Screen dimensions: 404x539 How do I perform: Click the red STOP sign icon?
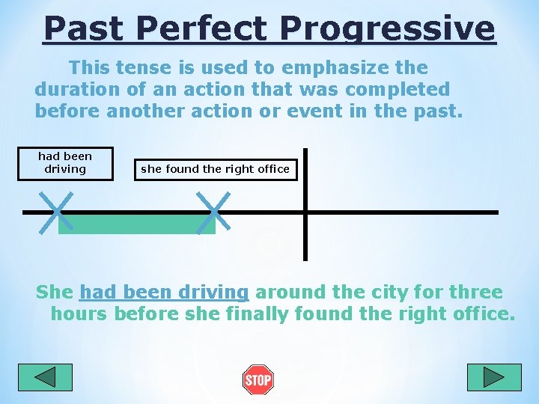[x=258, y=380]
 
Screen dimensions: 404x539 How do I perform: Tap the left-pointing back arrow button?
[x=45, y=377]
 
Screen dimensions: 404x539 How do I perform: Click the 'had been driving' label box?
[x=65, y=163]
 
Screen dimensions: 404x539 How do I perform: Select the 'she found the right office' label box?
[x=215, y=169]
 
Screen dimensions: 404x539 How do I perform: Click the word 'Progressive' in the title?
[x=387, y=29]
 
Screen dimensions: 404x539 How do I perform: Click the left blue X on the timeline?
[x=58, y=212]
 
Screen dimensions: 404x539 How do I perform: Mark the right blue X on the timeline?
[x=213, y=212]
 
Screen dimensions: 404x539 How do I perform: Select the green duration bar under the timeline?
[x=136, y=224]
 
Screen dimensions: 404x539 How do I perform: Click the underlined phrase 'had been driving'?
[x=163, y=292]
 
